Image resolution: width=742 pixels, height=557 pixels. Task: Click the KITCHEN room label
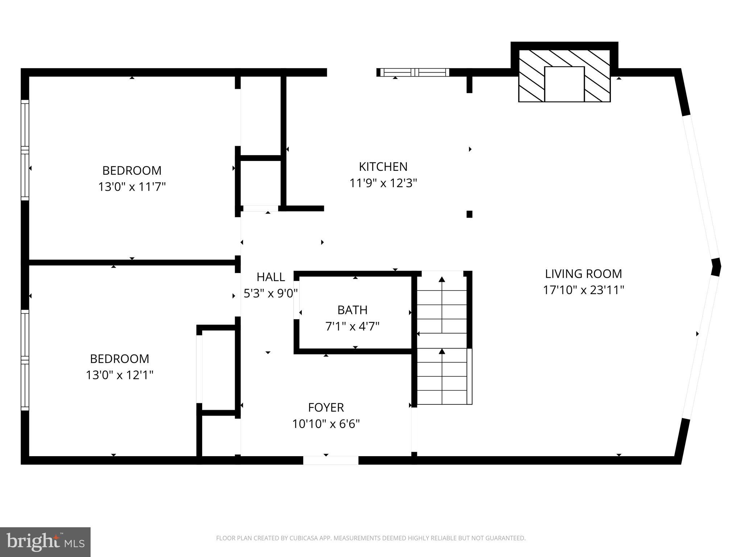pyautogui.click(x=383, y=167)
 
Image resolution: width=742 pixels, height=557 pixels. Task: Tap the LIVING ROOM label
pyautogui.click(x=583, y=274)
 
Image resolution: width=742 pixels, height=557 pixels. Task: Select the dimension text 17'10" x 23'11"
pyautogui.click(x=583, y=290)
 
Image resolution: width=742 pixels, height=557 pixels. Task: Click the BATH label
pyautogui.click(x=352, y=310)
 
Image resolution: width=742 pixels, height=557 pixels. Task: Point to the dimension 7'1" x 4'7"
pyautogui.click(x=352, y=327)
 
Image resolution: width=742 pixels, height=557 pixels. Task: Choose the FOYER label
pyautogui.click(x=326, y=408)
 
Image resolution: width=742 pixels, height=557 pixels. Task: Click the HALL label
pyautogui.click(x=271, y=277)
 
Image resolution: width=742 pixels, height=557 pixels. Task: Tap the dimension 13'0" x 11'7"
pyautogui.click(x=132, y=187)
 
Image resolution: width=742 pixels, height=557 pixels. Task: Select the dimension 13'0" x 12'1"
pyautogui.click(x=120, y=375)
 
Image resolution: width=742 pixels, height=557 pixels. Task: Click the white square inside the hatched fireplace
pyautogui.click(x=564, y=84)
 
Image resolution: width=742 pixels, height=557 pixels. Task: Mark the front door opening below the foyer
pyautogui.click(x=330, y=460)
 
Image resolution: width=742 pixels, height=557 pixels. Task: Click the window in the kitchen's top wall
pyautogui.click(x=414, y=72)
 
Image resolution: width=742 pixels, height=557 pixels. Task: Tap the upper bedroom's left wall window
pyautogui.click(x=25, y=149)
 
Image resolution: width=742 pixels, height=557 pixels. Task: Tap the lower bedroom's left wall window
pyautogui.click(x=25, y=360)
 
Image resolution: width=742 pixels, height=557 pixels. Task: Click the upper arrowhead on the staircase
pyautogui.click(x=442, y=280)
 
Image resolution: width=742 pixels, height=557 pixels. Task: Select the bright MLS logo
pyautogui.click(x=45, y=542)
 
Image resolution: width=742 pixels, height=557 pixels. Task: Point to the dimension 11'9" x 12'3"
pyautogui.click(x=383, y=183)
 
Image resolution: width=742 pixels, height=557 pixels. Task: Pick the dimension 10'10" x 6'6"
pyautogui.click(x=326, y=424)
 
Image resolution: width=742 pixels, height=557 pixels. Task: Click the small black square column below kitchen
pyautogui.click(x=469, y=214)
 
